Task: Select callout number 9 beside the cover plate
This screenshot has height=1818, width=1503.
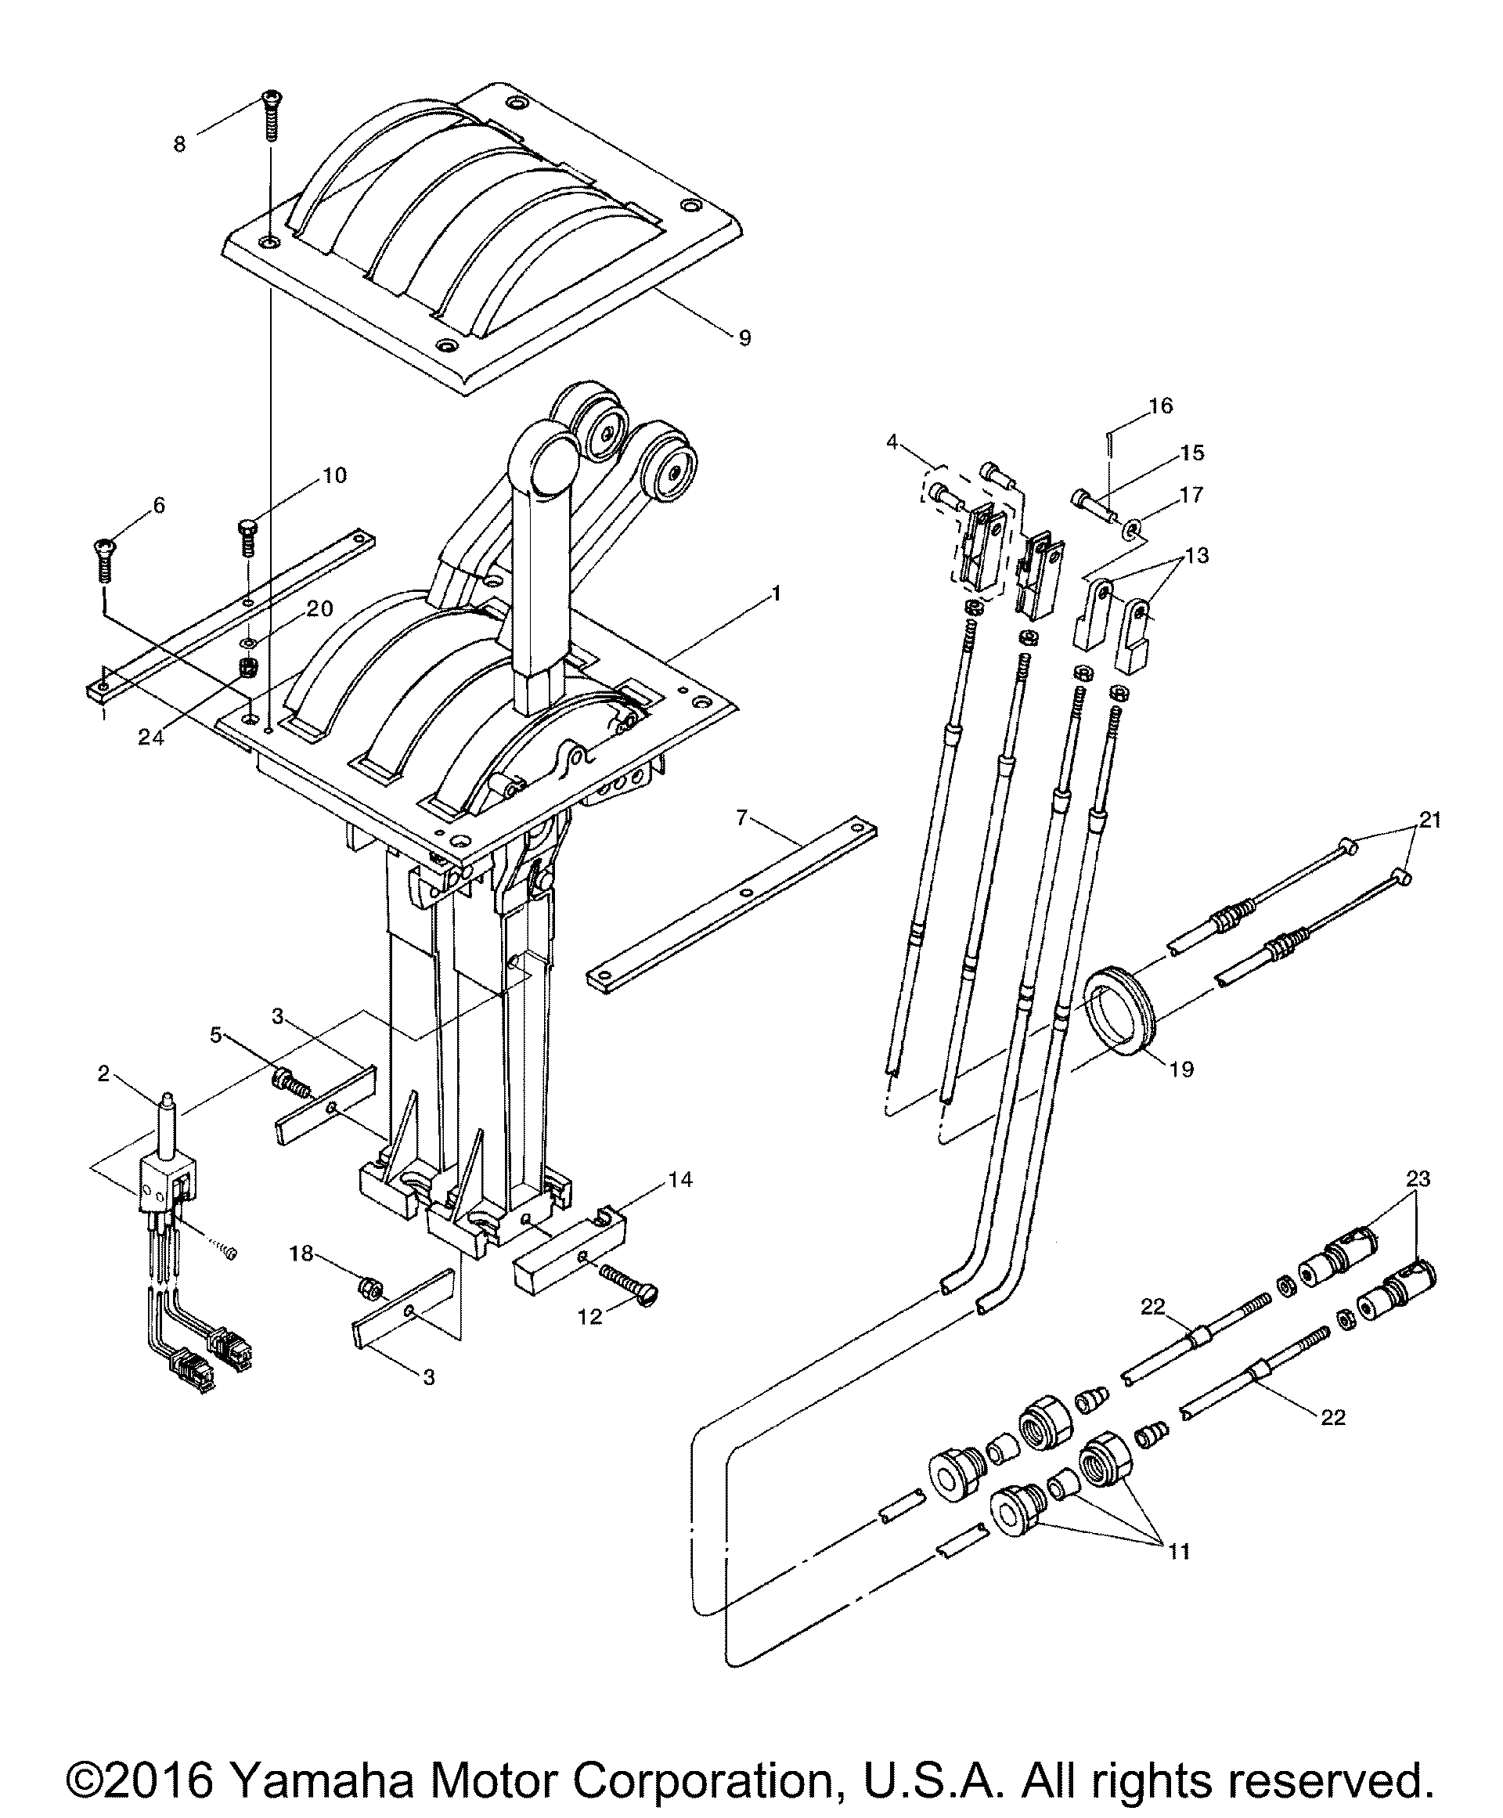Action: [744, 337]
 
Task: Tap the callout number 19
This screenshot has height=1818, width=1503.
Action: [1181, 1070]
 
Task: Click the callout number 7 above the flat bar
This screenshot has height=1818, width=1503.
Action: [742, 818]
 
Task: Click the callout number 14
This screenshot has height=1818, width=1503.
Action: [680, 1179]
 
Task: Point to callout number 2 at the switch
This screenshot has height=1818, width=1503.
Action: [104, 1074]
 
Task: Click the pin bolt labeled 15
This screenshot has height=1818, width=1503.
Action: [1094, 506]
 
